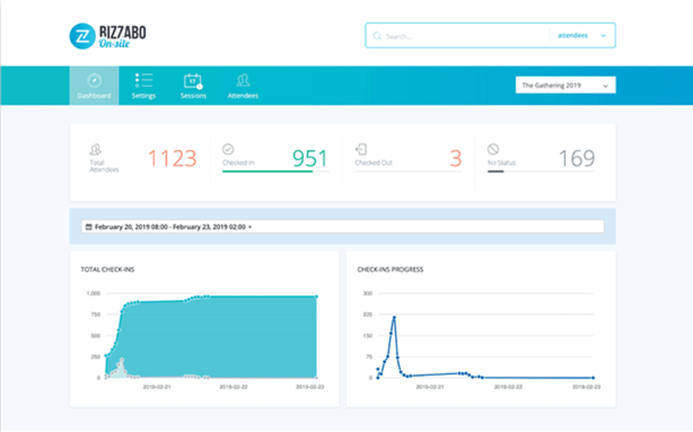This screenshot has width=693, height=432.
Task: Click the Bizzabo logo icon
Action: point(82,36)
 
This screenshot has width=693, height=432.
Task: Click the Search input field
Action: point(462,36)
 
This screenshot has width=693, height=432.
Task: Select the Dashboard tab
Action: point(94,85)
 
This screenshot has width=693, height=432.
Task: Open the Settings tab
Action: point(144,85)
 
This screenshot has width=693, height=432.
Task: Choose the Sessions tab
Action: point(193,85)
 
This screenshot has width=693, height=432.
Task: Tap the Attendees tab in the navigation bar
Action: point(243,85)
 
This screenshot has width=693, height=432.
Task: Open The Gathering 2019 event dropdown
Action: point(565,85)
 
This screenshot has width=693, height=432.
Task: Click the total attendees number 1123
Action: point(172,158)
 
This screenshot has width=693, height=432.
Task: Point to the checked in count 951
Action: point(310,158)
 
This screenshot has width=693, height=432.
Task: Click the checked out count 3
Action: point(456,158)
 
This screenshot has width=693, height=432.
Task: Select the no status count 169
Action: point(576,158)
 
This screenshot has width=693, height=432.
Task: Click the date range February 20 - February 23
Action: point(169,227)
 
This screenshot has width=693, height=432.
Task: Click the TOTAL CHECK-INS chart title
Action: point(107,270)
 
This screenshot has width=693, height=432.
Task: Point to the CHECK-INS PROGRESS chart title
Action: point(390,270)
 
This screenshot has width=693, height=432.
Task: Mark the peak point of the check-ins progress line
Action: point(394,317)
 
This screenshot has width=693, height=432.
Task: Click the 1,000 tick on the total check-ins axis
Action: point(93,294)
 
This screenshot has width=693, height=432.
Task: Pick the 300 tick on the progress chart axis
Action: point(368,294)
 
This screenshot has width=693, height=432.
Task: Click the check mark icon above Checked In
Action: point(228,149)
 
